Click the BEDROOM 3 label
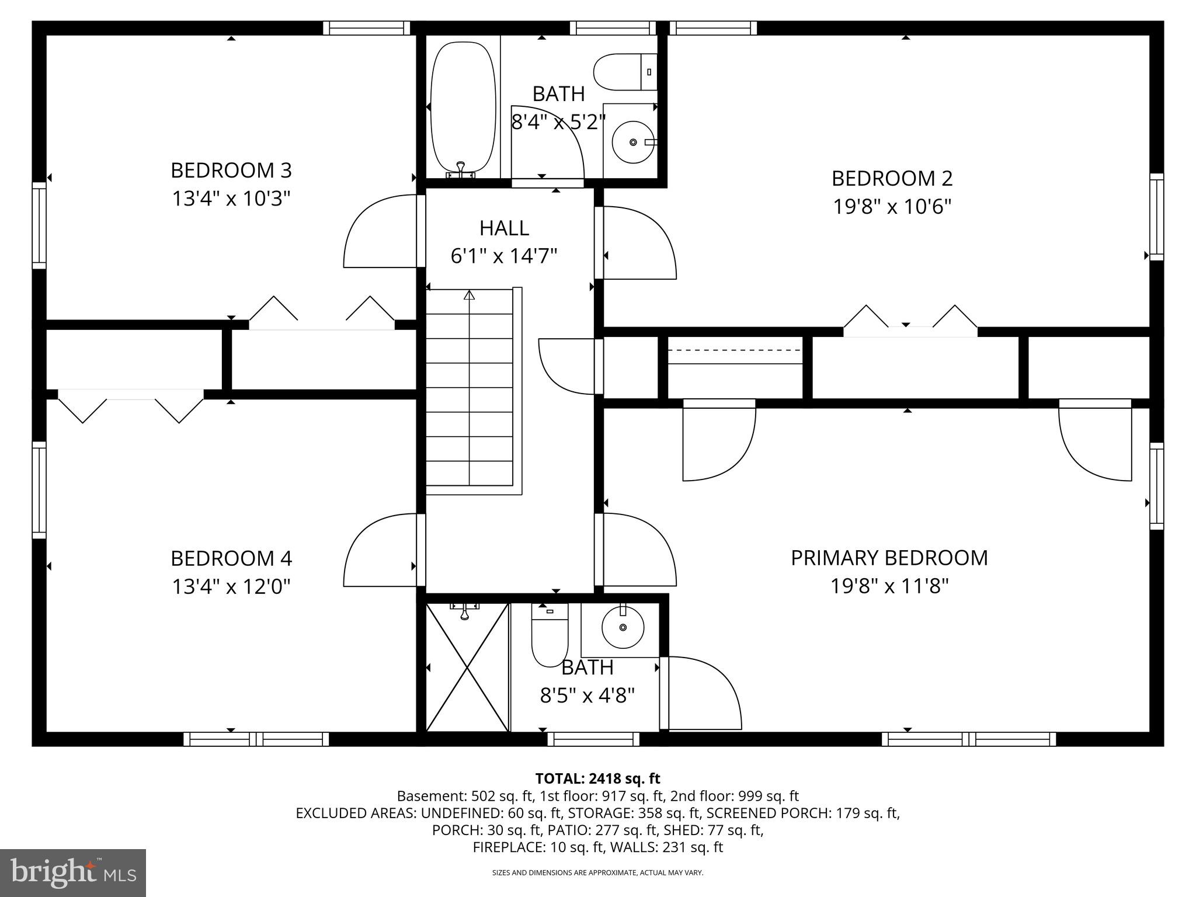coord(231,171)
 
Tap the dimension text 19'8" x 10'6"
coord(892,207)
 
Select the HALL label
coord(504,228)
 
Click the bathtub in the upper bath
coord(463,108)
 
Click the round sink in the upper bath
coord(633,142)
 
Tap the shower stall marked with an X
coord(467,667)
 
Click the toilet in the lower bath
coord(550,637)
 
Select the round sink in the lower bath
coord(623,627)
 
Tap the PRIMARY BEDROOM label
coord(889,558)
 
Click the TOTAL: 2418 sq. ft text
coord(597,778)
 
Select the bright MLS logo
coord(73,872)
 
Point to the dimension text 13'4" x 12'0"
coord(231,586)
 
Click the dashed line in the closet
coord(734,350)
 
